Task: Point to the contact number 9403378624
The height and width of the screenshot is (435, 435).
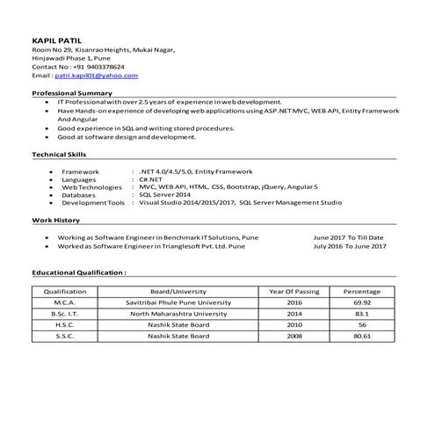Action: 104,67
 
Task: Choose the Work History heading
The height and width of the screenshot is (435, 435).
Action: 55,220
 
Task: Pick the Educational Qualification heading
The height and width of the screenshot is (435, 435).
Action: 79,272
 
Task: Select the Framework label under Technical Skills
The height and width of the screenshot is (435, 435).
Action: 80,170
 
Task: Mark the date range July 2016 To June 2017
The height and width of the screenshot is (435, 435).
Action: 350,246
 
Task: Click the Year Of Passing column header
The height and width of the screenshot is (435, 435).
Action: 294,291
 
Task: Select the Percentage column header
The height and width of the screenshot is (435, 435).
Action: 361,291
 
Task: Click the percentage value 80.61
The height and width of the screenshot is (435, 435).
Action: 361,336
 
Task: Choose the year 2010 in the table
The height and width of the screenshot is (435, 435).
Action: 294,324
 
